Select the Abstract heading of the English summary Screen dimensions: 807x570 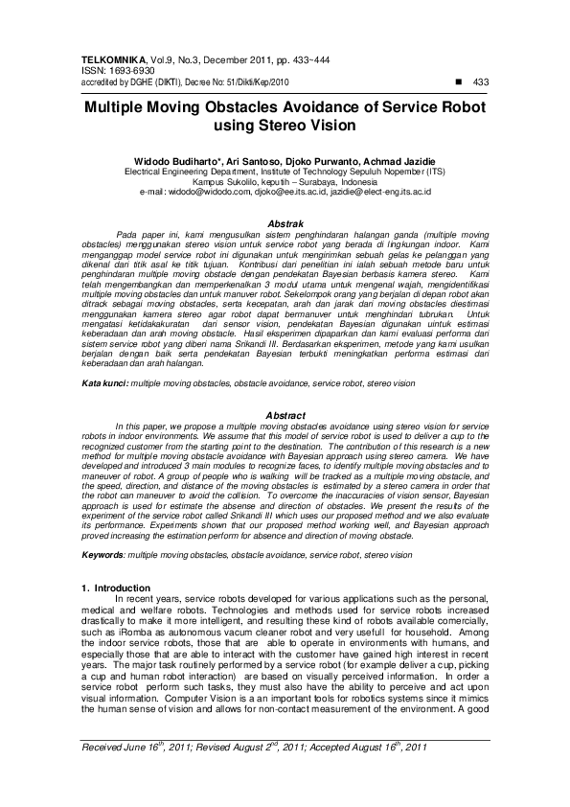[285, 414]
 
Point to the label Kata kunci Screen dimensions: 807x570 [104, 383]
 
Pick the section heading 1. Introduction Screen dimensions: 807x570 [115, 588]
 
